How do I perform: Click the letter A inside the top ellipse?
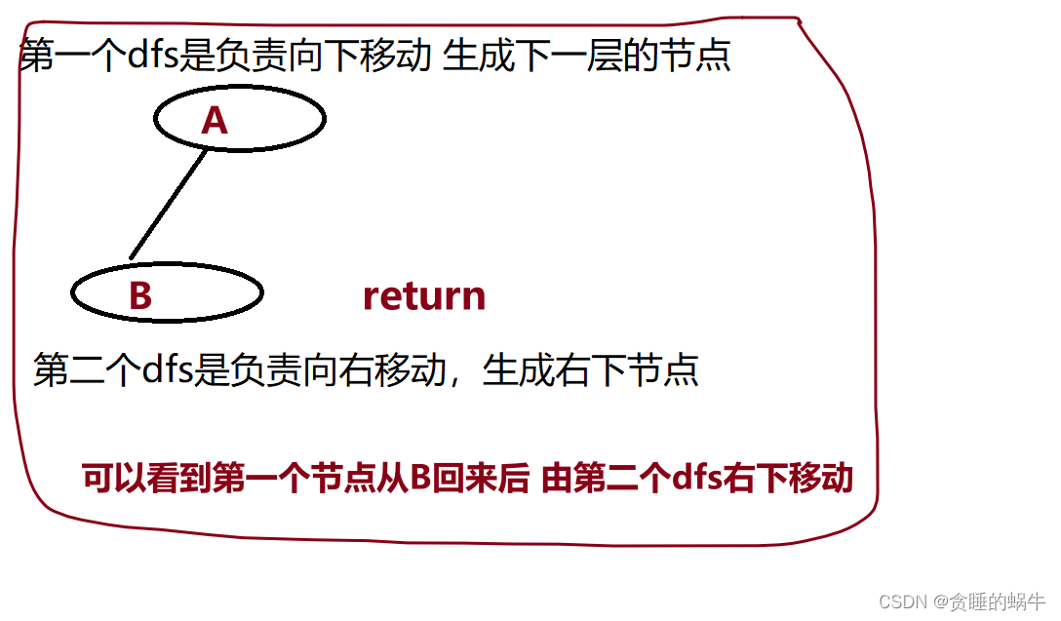[215, 120]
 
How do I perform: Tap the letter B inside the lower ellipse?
[140, 296]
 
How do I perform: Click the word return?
[424, 295]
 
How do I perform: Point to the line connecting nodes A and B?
[168, 205]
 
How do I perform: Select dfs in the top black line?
[151, 56]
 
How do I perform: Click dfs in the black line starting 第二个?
[167, 370]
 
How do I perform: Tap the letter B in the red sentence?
[420, 478]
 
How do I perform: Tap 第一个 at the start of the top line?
[64, 56]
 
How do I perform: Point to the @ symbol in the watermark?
[940, 602]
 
